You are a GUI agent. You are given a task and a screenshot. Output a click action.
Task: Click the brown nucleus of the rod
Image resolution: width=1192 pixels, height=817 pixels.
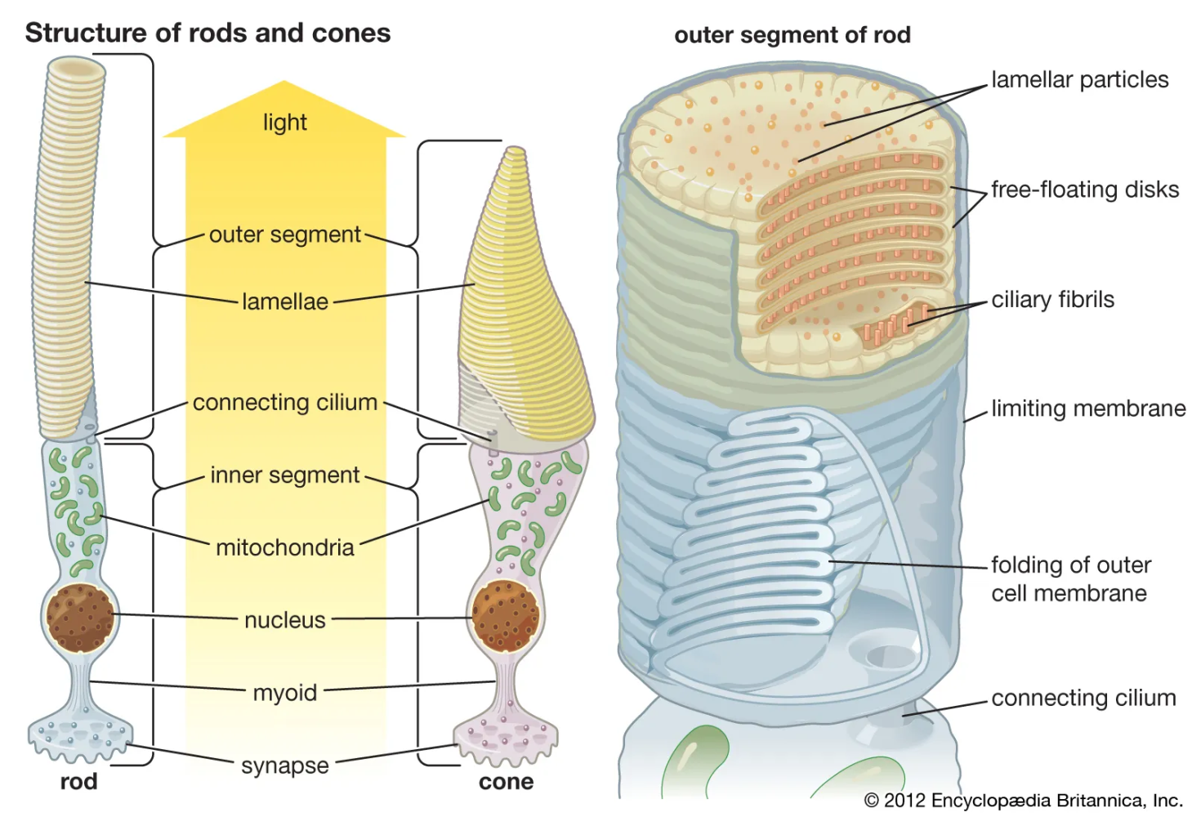80,618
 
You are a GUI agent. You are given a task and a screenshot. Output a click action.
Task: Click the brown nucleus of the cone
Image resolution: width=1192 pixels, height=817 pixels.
505,616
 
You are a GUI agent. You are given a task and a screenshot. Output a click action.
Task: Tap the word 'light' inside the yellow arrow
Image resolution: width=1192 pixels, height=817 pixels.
284,123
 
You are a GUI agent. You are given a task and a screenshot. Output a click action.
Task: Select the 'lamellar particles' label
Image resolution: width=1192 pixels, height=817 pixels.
1080,80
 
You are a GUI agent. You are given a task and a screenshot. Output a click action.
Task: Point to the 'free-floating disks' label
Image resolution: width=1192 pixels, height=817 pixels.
1085,190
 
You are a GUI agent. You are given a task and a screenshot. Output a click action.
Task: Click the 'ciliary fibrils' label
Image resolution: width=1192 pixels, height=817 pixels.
1052,299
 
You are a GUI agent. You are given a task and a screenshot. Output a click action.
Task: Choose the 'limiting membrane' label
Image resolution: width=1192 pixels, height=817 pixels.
1088,408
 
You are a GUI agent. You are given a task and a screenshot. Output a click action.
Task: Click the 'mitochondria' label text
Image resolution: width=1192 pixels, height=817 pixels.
284,547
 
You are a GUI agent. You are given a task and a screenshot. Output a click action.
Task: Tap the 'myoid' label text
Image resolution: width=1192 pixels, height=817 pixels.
284,694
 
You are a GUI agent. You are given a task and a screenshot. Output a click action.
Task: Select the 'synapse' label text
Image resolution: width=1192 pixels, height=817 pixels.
284,766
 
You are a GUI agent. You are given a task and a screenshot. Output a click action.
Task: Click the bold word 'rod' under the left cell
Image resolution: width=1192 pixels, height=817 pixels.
78,782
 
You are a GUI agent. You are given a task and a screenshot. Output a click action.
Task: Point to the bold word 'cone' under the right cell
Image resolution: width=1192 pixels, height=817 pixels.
506,782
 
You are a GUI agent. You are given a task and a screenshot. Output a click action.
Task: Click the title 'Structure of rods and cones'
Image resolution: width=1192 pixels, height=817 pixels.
208,33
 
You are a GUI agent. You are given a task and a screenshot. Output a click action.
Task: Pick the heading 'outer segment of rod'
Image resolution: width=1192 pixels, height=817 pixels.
792,35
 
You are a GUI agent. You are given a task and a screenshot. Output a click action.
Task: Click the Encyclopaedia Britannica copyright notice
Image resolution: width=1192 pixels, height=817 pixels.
1024,801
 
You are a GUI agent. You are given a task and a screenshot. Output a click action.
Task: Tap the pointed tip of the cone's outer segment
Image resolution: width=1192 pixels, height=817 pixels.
515,149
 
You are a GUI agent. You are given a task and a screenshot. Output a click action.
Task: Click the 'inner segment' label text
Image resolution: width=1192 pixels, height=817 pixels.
284,475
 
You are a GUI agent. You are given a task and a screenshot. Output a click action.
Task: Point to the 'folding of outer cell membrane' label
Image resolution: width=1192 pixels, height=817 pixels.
1070,579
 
